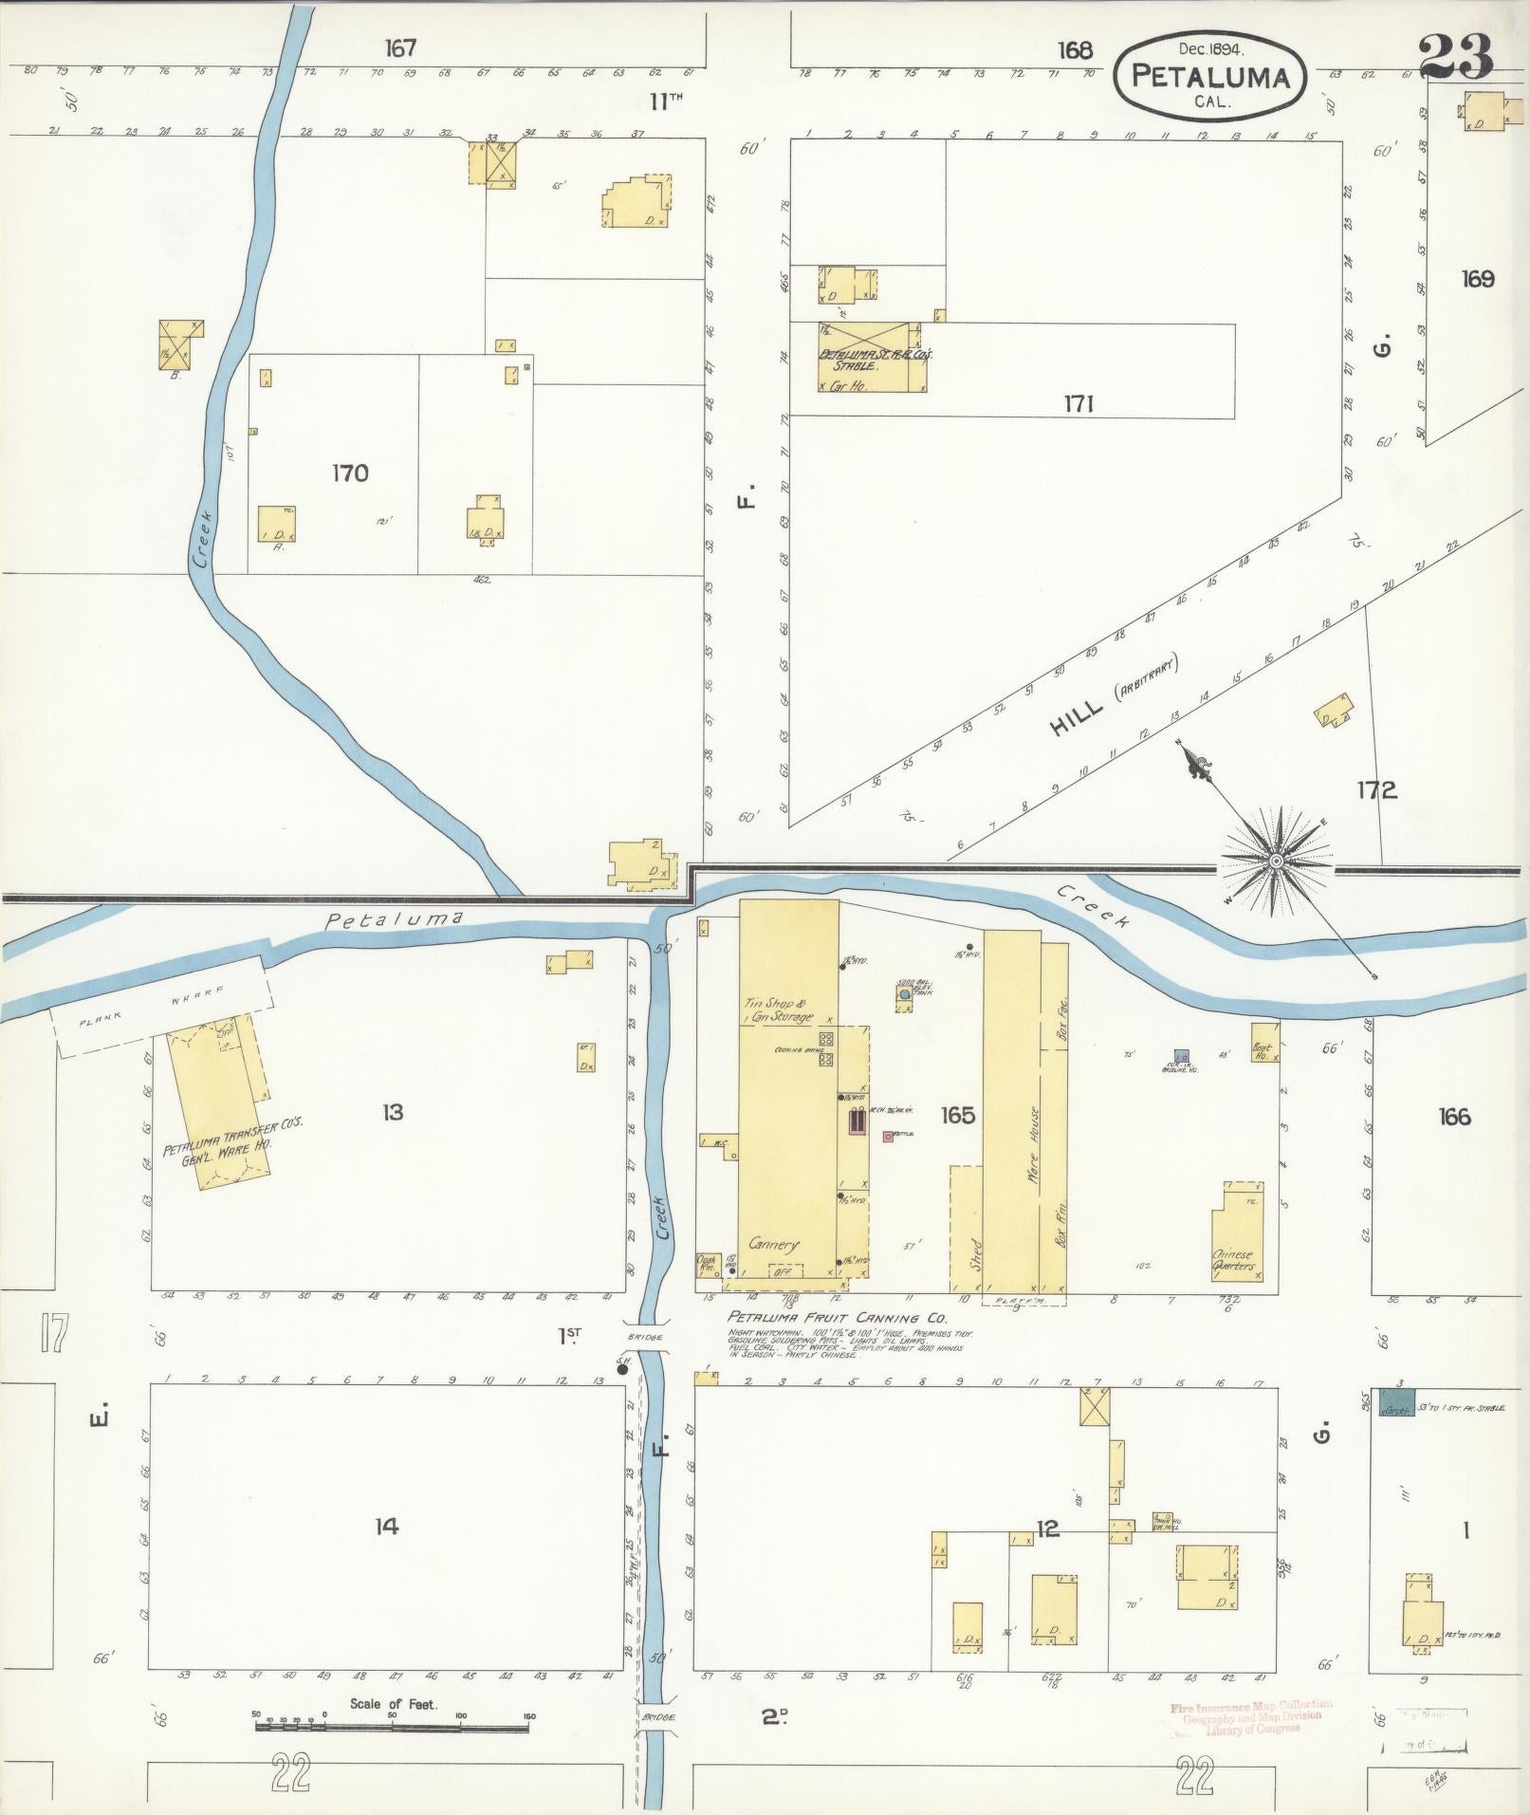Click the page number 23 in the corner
[1456, 57]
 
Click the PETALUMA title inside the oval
[1210, 78]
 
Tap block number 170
[350, 472]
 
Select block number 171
[1078, 405]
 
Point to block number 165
[957, 1115]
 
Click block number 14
[386, 1527]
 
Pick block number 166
[1453, 1117]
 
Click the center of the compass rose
[1276, 860]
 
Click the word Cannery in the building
[774, 1244]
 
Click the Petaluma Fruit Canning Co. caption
[837, 1318]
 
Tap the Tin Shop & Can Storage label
[778, 1010]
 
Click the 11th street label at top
[666, 102]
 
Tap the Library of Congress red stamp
[1251, 1716]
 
